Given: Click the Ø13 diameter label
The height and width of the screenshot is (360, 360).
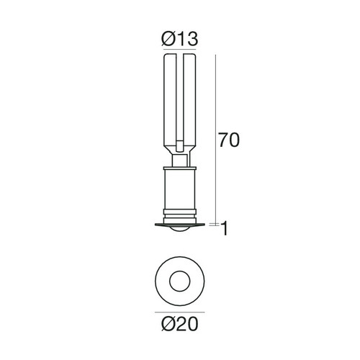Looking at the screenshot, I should click(179, 39).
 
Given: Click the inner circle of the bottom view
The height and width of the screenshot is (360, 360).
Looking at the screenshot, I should click(179, 280).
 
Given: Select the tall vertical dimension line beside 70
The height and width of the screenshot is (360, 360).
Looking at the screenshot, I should click(216, 137).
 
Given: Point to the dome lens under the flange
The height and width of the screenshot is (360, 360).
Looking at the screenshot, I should click(179, 230).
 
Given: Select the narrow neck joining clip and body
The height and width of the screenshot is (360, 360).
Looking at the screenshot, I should click(179, 156).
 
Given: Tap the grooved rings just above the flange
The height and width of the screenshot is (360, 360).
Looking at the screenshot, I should click(179, 214).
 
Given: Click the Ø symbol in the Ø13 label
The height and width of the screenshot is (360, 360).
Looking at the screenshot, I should click(165, 39).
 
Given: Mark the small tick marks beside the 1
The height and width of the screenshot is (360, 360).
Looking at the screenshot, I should click(215, 225).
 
